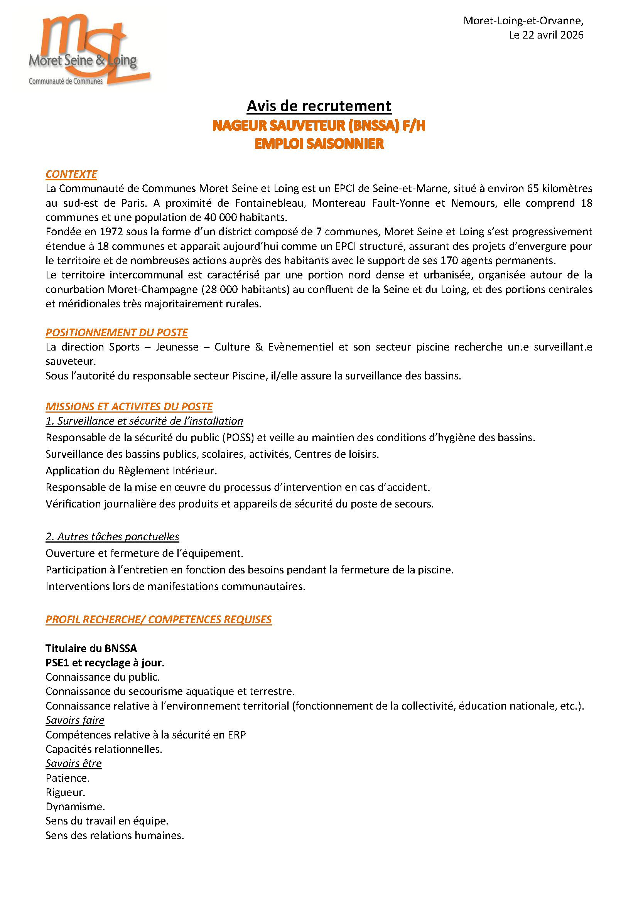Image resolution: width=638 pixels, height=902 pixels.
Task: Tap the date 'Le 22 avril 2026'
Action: (x=546, y=35)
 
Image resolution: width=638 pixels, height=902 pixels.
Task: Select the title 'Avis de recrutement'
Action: (x=319, y=106)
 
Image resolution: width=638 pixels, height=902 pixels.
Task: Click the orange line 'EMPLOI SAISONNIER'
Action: (x=319, y=144)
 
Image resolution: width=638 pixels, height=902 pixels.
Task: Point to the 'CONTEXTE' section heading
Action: (x=71, y=174)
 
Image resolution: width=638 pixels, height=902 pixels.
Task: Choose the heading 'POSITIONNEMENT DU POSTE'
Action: (x=116, y=333)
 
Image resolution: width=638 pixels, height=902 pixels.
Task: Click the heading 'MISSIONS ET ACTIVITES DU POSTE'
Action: (x=129, y=406)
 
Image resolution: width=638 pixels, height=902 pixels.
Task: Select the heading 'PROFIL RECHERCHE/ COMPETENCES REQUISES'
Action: (x=158, y=620)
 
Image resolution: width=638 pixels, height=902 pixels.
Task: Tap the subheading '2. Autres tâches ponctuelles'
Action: (x=112, y=537)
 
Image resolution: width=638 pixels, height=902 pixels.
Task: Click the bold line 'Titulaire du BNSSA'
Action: (x=91, y=648)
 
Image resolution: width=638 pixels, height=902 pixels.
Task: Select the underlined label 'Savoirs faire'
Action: (x=75, y=720)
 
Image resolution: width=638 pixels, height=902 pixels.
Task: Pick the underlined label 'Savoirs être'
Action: (x=73, y=764)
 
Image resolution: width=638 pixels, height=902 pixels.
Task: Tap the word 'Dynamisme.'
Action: (x=75, y=807)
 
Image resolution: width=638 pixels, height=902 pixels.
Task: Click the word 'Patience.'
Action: (x=68, y=778)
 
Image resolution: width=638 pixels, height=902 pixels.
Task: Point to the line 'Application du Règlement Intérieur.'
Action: (x=131, y=470)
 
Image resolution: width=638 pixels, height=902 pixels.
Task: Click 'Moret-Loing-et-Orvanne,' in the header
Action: (x=523, y=21)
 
